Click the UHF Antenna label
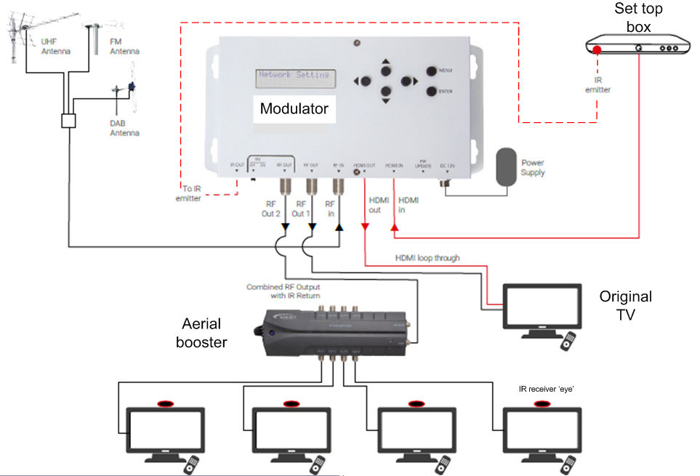(49, 47)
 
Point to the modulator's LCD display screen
(294, 75)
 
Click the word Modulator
(294, 109)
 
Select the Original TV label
(625, 304)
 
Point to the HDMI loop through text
(427, 257)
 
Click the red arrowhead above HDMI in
(395, 230)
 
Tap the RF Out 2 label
(270, 209)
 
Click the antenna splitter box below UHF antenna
(69, 121)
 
